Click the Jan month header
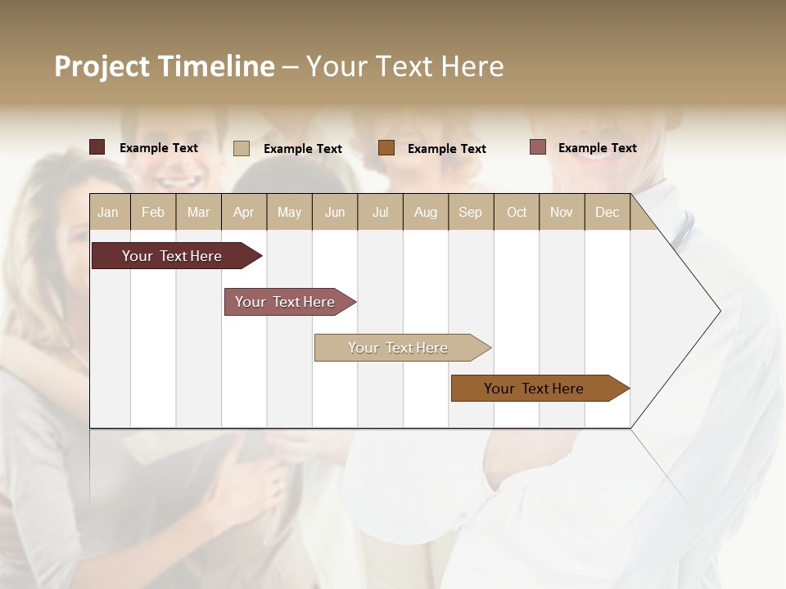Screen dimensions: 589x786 pos(108,212)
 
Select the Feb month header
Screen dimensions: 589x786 pos(153,212)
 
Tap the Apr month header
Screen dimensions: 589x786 pos(243,212)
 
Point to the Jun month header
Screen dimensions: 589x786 pos(335,212)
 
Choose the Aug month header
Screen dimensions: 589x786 pos(425,212)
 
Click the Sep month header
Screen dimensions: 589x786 pos(470,212)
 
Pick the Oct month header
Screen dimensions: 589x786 pos(517,212)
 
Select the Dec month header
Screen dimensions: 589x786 pos(607,212)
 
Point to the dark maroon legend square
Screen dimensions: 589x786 pos(97,147)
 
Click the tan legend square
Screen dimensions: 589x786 pos(242,148)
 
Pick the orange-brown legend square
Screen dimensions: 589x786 pos(386,148)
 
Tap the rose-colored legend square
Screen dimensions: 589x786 pos(537,147)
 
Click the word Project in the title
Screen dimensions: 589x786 pos(102,66)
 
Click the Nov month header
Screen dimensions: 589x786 pos(562,212)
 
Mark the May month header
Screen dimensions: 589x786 pos(289,212)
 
